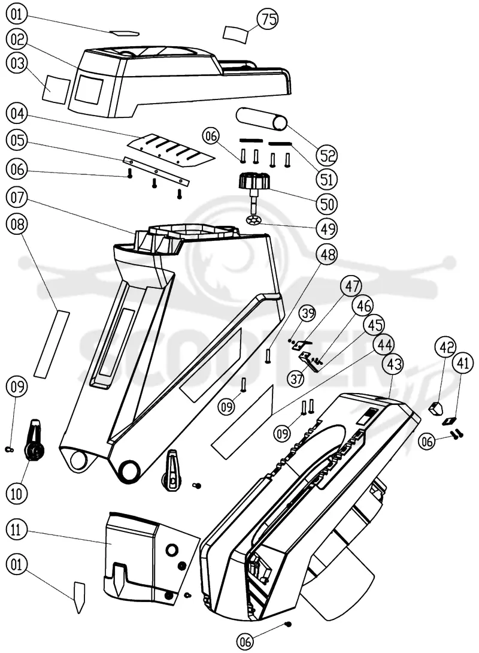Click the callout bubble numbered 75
(268, 19)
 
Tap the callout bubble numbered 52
(327, 155)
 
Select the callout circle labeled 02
(17, 39)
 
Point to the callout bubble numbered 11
(16, 530)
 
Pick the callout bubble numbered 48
(327, 253)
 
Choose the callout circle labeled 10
(16, 494)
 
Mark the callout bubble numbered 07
(17, 197)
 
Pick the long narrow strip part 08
(51, 344)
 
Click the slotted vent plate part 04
(171, 149)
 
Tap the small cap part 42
(436, 408)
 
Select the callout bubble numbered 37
(297, 379)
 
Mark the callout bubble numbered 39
(308, 313)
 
